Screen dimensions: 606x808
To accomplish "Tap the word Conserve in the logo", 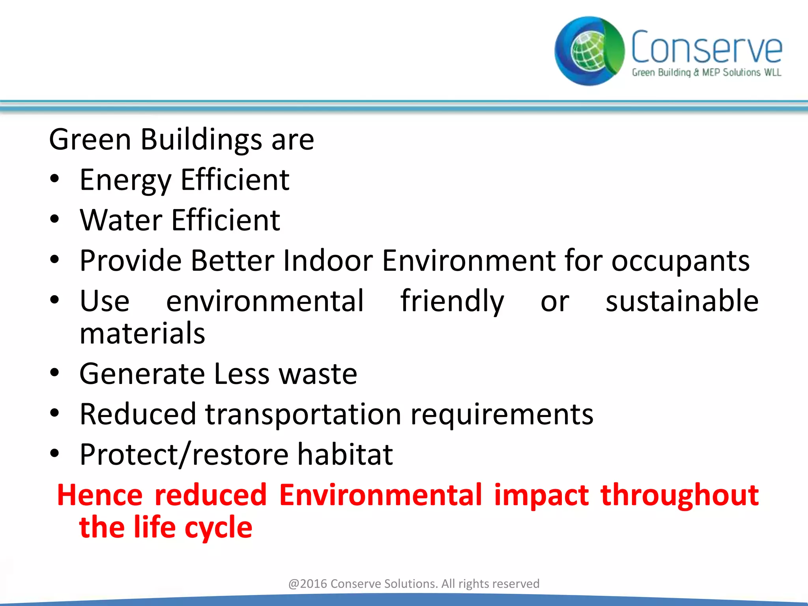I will [706, 47].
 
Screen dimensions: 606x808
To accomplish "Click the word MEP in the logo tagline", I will [711, 73].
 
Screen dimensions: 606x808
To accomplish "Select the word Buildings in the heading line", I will [201, 140].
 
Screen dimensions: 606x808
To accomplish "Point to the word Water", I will [121, 220].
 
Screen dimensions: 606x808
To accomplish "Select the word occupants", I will [680, 261].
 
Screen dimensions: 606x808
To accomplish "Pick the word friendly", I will [452, 301].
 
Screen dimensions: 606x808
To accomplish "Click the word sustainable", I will [682, 301].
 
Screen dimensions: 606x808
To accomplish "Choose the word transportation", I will [303, 414].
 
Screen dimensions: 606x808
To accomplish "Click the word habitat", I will [345, 454].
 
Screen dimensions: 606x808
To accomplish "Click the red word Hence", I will [100, 495].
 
